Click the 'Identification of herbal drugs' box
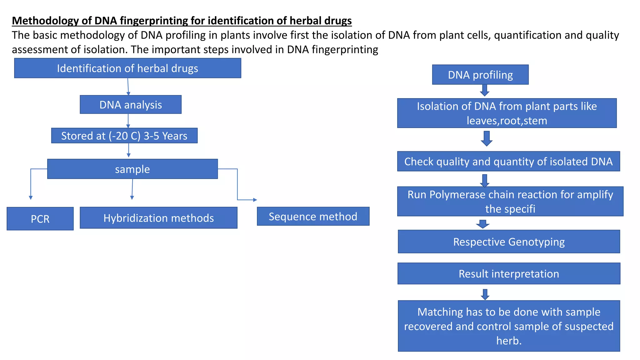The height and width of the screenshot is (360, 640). (127, 68)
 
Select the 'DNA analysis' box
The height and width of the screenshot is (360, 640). (130, 105)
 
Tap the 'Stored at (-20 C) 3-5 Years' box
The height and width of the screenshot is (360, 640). (124, 136)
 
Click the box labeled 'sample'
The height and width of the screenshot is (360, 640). (132, 169)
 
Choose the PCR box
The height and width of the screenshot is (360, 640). (40, 219)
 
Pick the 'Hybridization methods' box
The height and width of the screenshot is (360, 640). (158, 218)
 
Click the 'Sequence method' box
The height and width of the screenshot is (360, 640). (313, 216)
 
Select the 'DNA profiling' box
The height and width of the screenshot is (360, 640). (480, 75)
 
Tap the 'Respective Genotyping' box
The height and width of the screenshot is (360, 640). (509, 242)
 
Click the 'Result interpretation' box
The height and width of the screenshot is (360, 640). (509, 273)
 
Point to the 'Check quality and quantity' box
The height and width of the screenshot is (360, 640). (508, 162)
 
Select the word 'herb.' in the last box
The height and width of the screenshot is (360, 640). (509, 341)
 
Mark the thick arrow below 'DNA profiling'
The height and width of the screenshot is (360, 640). (484, 90)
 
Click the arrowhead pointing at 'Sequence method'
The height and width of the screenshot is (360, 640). (255, 200)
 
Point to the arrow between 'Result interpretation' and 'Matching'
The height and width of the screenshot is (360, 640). (485, 294)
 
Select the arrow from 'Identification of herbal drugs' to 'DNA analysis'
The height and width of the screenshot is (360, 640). (128, 87)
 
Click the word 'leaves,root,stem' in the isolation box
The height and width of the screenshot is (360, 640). (507, 121)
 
